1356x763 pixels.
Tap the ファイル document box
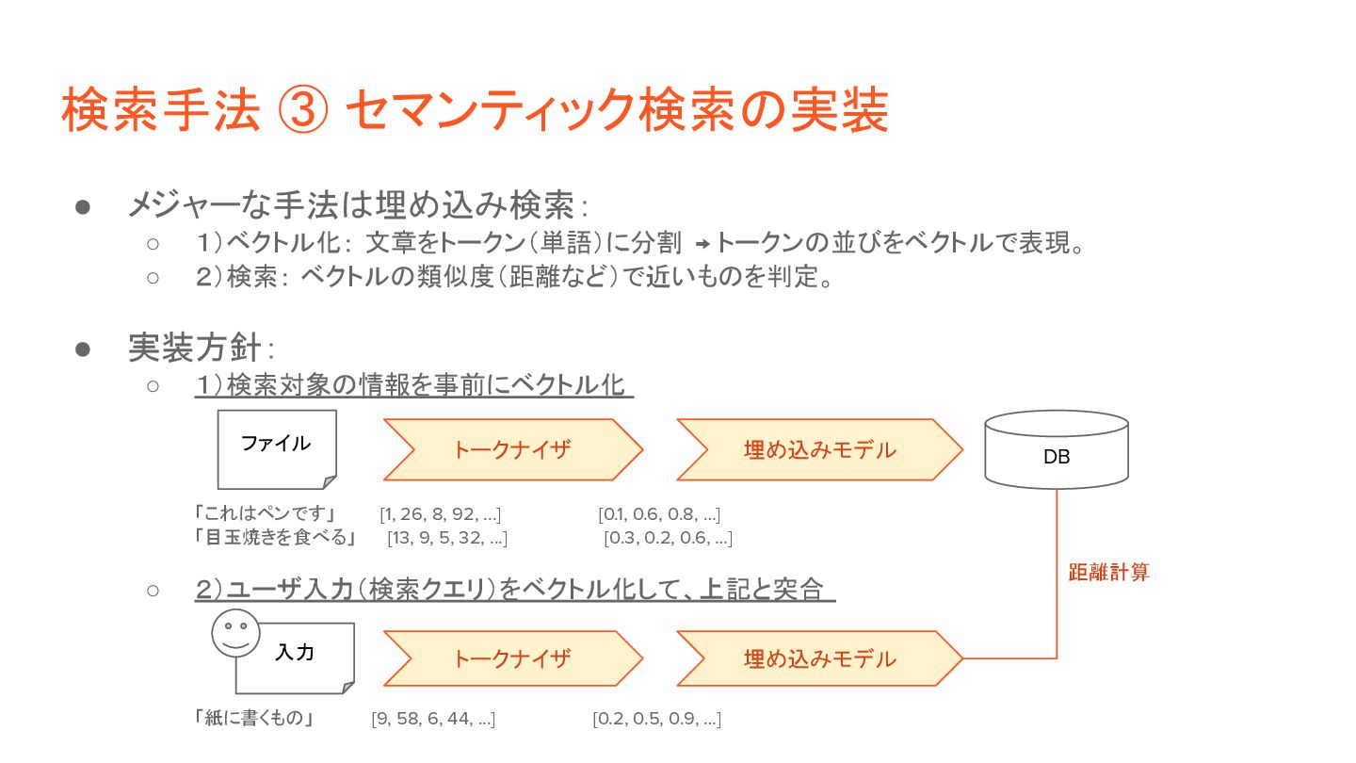click(x=276, y=448)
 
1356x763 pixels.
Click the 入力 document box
click(x=295, y=657)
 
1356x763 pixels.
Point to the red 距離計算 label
click(x=1108, y=572)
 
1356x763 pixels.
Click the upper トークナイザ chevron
click(x=512, y=449)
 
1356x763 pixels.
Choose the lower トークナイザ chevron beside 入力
click(x=512, y=658)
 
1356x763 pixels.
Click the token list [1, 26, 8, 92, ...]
click(x=440, y=514)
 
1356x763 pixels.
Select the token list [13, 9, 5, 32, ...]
click(x=447, y=539)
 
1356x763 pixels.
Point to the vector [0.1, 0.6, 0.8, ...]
click(x=659, y=514)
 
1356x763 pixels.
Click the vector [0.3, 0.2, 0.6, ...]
click(x=668, y=539)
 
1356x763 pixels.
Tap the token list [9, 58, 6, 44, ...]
click(x=433, y=720)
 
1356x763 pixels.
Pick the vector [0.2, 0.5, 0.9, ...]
click(x=656, y=720)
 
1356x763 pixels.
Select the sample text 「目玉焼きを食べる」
click(x=275, y=539)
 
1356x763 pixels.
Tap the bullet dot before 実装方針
click(x=82, y=349)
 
